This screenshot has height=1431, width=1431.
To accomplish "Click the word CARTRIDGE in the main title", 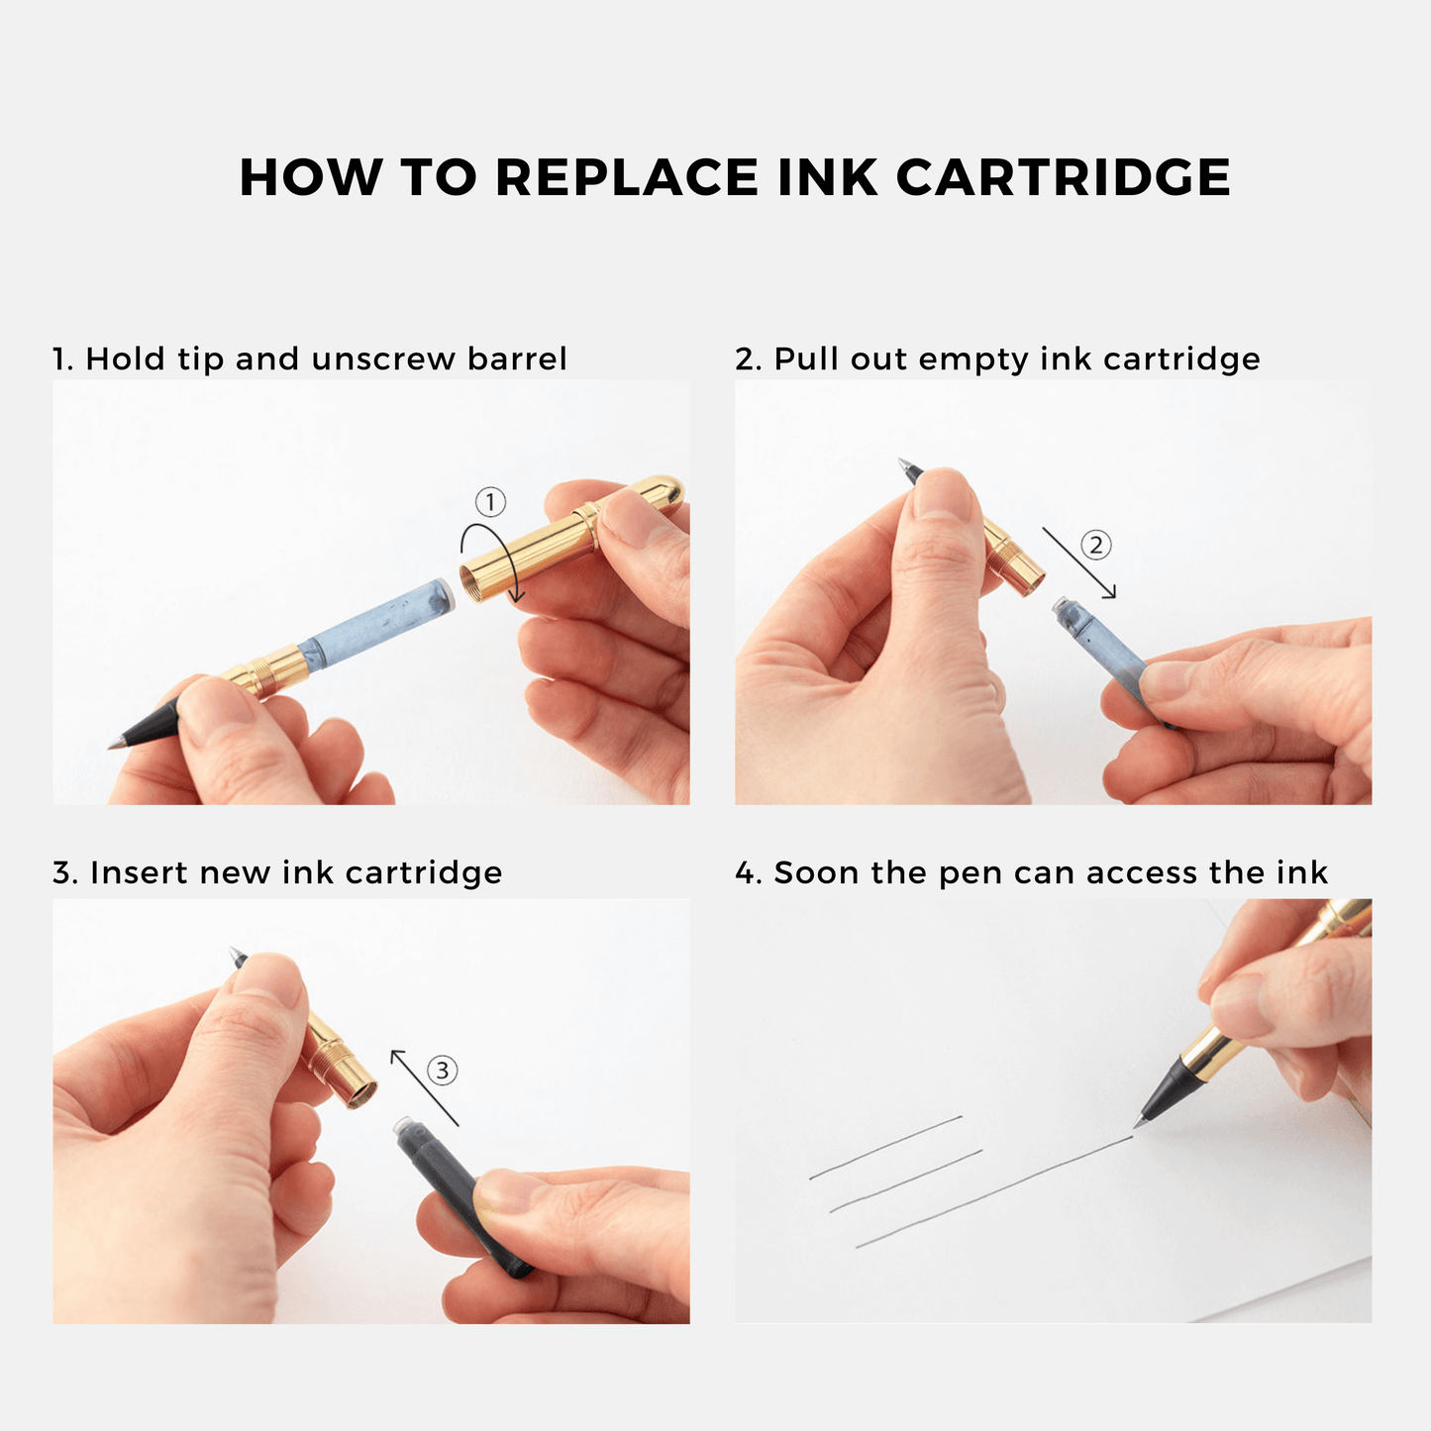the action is pyautogui.click(x=1064, y=177).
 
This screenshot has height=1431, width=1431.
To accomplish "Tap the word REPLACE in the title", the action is pyautogui.click(x=627, y=177).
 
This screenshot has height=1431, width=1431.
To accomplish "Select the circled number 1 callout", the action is pyautogui.click(x=490, y=503).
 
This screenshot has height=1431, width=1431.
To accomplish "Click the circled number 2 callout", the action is pyautogui.click(x=1095, y=545).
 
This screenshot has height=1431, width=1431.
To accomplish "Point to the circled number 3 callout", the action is pyautogui.click(x=443, y=1071).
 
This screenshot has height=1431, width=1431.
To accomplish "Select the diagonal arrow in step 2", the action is pyautogui.click(x=1079, y=562).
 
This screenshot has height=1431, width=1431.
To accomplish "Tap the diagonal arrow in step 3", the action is pyautogui.click(x=425, y=1088).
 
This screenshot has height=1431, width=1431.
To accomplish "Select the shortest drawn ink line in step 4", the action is pyautogui.click(x=886, y=1148).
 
